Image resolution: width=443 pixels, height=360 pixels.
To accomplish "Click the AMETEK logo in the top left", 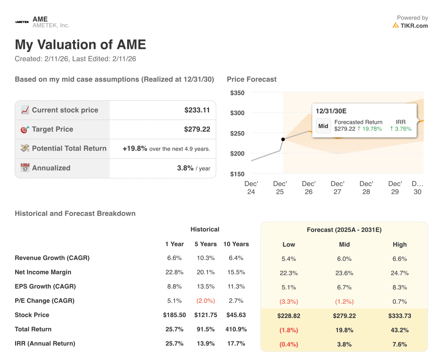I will point(22,22).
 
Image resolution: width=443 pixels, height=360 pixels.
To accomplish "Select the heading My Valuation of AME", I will point(80,45).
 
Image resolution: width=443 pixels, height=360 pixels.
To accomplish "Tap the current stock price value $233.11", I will point(197,110).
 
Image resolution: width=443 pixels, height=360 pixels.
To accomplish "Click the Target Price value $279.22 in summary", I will point(197,129).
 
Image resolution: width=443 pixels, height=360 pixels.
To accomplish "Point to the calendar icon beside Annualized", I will point(25,168).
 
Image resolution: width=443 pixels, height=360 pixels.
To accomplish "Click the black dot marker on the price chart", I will point(283,139).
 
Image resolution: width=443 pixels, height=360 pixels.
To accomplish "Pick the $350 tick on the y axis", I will point(237,93).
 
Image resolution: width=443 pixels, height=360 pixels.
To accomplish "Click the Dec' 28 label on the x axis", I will point(366,188).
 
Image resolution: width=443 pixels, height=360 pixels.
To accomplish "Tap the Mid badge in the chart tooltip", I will point(323,126).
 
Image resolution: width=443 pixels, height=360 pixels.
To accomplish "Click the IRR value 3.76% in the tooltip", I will point(401,129).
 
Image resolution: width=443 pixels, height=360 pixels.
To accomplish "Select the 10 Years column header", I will point(236,244).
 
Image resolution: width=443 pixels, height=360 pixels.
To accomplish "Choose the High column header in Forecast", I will point(399,244).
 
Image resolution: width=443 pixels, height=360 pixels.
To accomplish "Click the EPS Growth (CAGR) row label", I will point(45,286).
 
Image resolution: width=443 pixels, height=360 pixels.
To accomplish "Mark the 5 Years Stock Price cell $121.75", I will point(205,315).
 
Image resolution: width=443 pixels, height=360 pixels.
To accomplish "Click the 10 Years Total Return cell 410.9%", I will point(236,329).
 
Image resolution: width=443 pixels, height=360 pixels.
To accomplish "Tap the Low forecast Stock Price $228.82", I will point(289,316).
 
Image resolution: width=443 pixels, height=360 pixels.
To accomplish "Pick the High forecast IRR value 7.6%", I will point(399,344).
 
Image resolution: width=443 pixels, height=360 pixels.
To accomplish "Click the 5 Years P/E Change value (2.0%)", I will point(205,301).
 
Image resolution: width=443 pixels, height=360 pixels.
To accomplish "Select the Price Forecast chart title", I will point(251,79).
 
